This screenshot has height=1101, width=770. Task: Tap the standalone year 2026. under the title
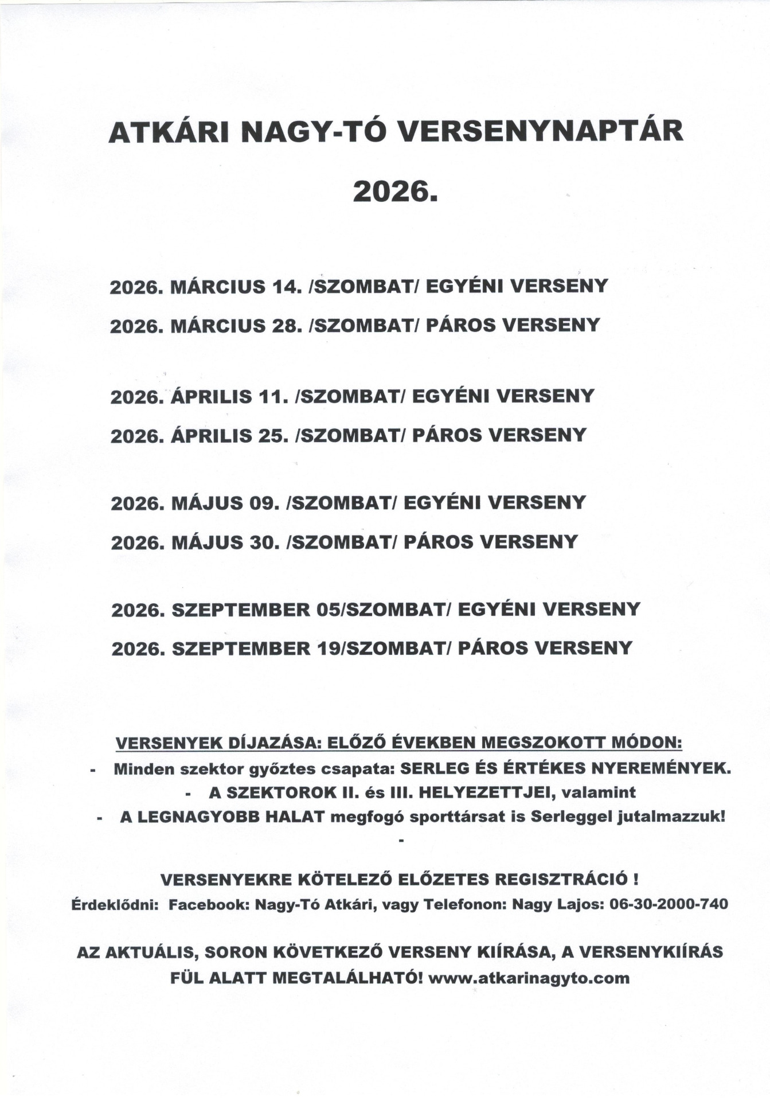(395, 191)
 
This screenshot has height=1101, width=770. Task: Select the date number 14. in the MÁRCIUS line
(284, 286)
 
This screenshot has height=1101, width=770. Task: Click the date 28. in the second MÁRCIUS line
(285, 326)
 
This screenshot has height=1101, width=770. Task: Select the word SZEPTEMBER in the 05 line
(241, 609)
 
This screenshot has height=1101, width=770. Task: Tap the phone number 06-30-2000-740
(670, 904)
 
